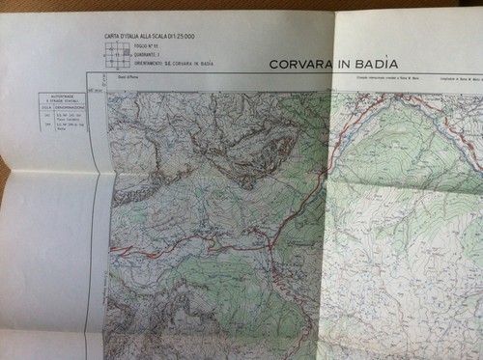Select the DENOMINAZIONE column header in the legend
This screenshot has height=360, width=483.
click(x=75, y=109)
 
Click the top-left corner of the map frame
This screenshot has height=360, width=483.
click(x=107, y=91)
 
